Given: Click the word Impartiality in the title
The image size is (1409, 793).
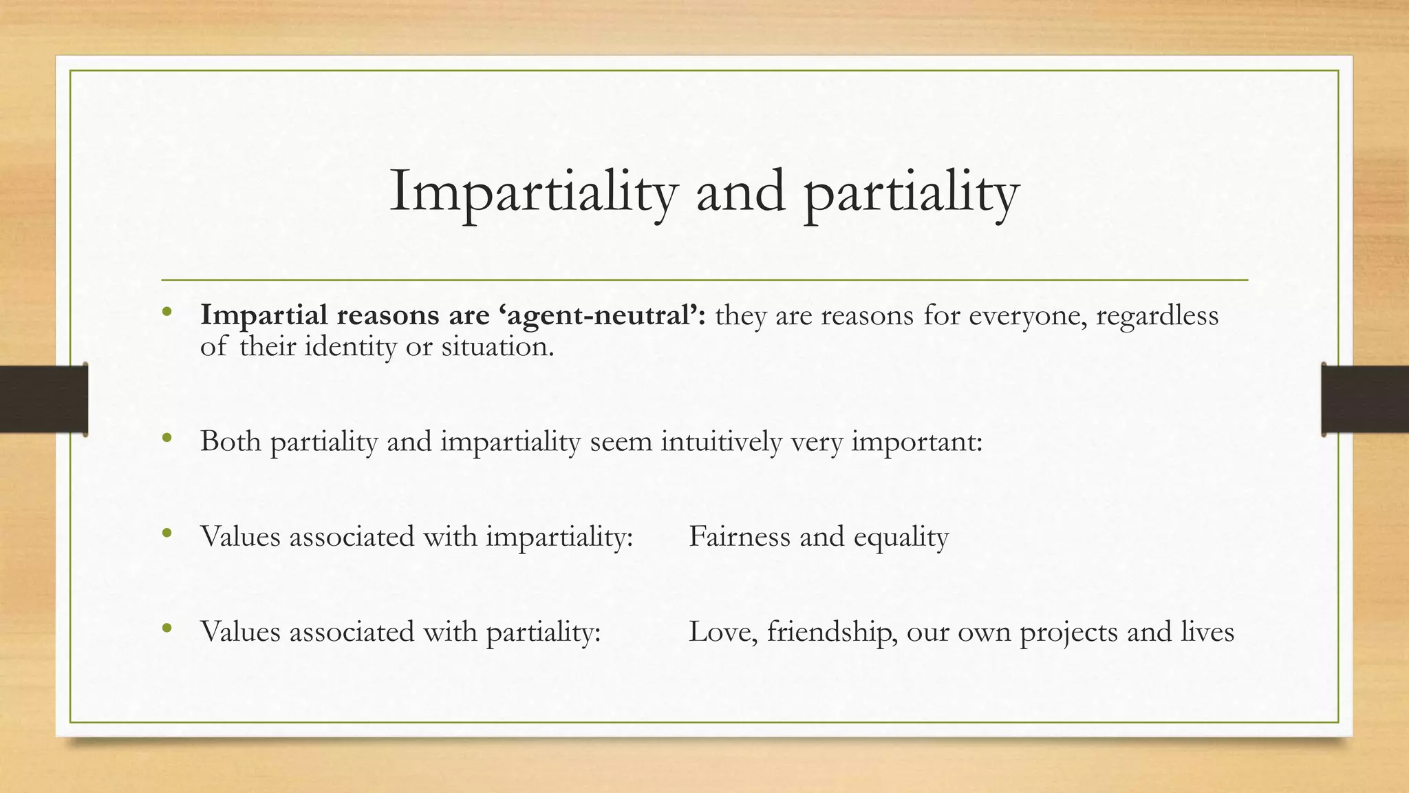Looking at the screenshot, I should click(x=533, y=193).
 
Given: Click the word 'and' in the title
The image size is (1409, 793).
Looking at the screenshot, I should click(x=741, y=193).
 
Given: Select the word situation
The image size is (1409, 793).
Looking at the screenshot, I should click(x=497, y=346).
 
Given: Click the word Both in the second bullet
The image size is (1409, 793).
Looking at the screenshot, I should click(x=230, y=441).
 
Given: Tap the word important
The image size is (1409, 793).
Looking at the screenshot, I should click(x=916, y=441).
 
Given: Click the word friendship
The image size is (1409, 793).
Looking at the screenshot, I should click(x=832, y=631).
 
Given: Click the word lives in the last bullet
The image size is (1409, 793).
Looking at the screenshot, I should click(x=1207, y=631).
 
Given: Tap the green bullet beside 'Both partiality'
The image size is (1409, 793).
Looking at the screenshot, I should click(x=166, y=438).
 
